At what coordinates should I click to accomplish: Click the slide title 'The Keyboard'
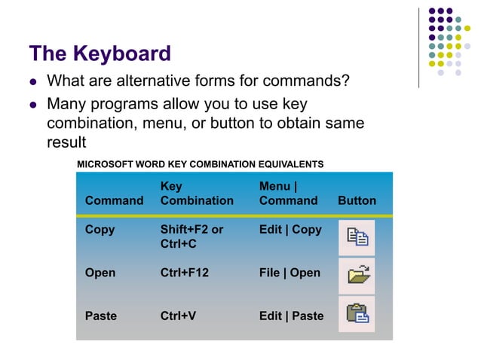coord(100,54)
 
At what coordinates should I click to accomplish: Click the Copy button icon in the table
coord(357,237)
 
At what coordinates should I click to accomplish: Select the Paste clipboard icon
coord(357,314)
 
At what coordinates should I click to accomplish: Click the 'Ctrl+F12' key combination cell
coord(185,273)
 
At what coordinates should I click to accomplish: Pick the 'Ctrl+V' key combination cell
coord(178,316)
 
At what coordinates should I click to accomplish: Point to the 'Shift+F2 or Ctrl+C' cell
coord(191,236)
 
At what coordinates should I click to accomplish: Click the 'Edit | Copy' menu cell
coord(290,230)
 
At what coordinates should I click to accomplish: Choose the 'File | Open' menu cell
coord(290,273)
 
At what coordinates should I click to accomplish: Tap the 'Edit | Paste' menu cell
coord(291,316)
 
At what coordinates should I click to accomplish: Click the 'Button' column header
coord(357,200)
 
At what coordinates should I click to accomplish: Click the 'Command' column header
coord(114,200)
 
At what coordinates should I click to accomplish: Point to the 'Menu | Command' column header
coord(288,193)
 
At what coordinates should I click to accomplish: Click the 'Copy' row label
coord(100,230)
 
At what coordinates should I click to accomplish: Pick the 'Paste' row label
coord(101,316)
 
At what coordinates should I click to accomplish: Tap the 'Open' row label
coord(100,273)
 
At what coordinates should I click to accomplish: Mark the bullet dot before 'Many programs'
coord(33,104)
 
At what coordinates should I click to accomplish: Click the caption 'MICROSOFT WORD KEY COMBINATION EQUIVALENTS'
coord(201,163)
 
